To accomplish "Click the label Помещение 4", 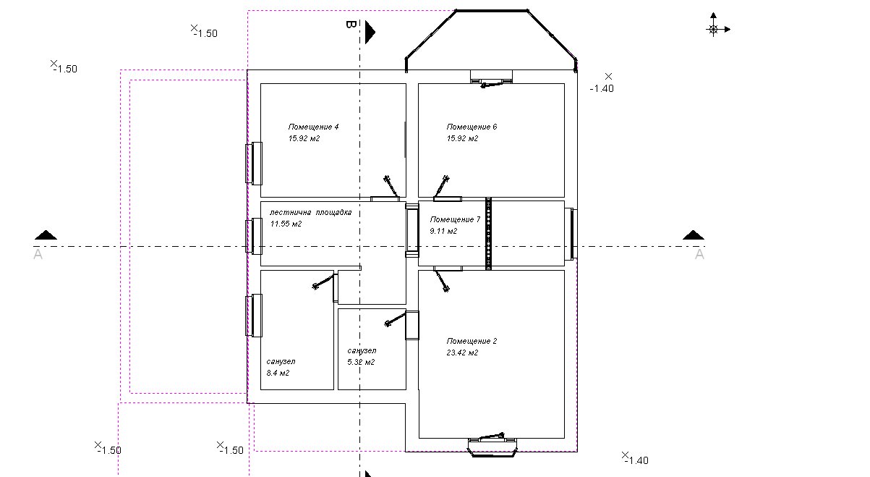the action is click(313, 127).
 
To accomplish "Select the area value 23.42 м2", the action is click(462, 353).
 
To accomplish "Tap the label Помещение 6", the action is click(472, 127).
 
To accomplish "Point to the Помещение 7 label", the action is click(455, 219).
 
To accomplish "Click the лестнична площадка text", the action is click(310, 212).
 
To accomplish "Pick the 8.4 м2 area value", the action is click(278, 373).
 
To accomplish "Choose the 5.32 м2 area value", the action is click(361, 362).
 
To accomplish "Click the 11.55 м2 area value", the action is click(286, 224).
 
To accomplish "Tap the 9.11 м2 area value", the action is click(443, 231).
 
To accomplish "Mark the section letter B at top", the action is click(351, 25).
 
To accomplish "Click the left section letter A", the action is click(38, 254).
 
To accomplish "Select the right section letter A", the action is click(699, 254).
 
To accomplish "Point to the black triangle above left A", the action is click(46, 235).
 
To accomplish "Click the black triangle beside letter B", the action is click(370, 32).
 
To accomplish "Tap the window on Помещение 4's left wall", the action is click(254, 164).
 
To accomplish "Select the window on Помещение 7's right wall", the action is click(571, 234).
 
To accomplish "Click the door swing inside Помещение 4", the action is click(391, 186).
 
